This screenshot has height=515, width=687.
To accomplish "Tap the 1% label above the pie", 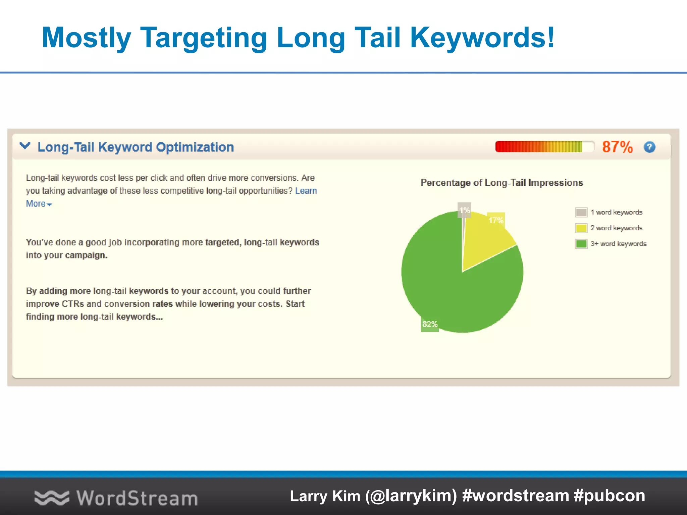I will (x=464, y=210).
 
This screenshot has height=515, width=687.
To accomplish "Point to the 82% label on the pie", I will (x=430, y=324).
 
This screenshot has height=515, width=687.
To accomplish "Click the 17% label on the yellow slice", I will (x=496, y=220).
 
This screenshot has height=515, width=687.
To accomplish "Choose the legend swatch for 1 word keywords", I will (x=581, y=212).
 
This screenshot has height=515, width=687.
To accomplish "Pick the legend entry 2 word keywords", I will (x=616, y=228).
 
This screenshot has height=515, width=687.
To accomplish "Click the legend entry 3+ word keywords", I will (x=618, y=244).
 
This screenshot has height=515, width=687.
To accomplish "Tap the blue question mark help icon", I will (x=649, y=147).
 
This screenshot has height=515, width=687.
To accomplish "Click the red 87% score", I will (x=617, y=147).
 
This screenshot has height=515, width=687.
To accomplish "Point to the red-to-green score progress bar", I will (x=544, y=147).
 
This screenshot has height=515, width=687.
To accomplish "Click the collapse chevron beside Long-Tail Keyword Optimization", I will (x=25, y=146).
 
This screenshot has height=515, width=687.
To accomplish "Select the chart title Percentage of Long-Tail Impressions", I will (x=501, y=183).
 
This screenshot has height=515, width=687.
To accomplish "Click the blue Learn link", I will (x=306, y=191).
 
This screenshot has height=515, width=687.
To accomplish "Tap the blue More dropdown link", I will (x=38, y=204).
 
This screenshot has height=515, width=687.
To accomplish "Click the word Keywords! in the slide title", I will (x=482, y=38).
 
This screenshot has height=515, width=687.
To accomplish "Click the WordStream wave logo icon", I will (x=52, y=498).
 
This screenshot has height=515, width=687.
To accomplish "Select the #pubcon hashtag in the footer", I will (x=609, y=496).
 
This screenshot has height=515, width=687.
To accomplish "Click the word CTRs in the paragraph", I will (x=73, y=304).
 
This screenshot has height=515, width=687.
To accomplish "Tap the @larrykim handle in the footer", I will (x=411, y=496).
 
